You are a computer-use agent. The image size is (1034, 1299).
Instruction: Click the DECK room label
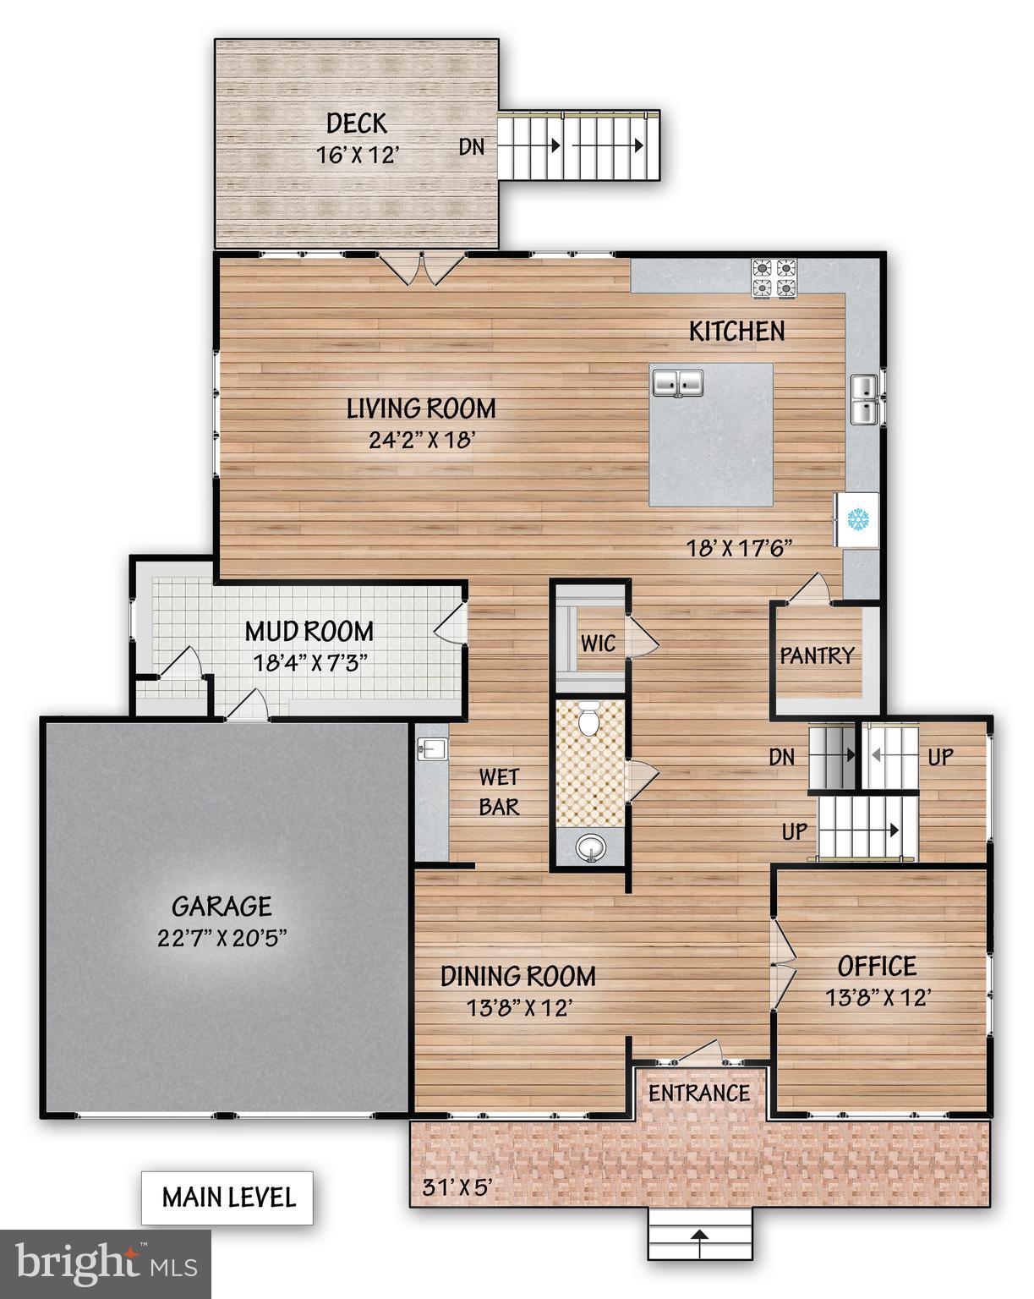click(357, 124)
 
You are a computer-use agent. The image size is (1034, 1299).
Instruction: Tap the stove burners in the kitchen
click(775, 279)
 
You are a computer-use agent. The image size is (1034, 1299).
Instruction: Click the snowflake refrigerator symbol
click(859, 519)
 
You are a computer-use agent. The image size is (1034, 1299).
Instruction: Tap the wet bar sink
click(431, 748)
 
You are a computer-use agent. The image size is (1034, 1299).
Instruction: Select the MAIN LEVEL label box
click(227, 1198)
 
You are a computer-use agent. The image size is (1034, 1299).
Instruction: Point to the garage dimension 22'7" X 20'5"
click(222, 938)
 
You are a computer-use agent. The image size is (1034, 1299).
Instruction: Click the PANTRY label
click(817, 655)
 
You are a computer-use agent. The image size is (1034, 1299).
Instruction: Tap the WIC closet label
click(598, 643)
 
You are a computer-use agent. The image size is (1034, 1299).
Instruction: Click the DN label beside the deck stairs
click(472, 146)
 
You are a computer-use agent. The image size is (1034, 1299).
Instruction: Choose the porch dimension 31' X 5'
click(457, 1188)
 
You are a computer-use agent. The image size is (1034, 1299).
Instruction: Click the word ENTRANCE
click(699, 1093)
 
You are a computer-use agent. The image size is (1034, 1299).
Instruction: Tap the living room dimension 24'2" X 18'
click(420, 440)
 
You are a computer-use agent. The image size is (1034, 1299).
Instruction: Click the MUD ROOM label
click(309, 631)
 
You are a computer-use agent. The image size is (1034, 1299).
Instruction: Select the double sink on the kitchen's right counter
click(864, 399)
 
